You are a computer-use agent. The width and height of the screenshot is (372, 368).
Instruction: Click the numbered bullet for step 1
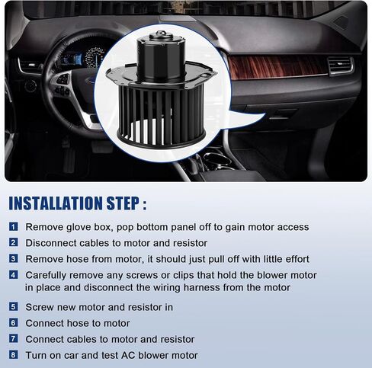14,226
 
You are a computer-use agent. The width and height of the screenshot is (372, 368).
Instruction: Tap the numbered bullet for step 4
14,274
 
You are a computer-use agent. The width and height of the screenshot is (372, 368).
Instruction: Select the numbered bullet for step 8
14,355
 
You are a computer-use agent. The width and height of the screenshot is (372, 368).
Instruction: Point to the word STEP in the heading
123,203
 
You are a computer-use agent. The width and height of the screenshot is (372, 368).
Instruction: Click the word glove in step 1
79,227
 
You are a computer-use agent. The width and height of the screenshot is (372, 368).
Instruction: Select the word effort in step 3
297,259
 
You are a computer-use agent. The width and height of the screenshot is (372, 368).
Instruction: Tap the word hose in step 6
78,323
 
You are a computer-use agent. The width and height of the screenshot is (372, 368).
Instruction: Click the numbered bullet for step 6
14,323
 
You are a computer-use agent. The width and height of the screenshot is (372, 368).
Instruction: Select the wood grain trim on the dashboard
277,67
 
